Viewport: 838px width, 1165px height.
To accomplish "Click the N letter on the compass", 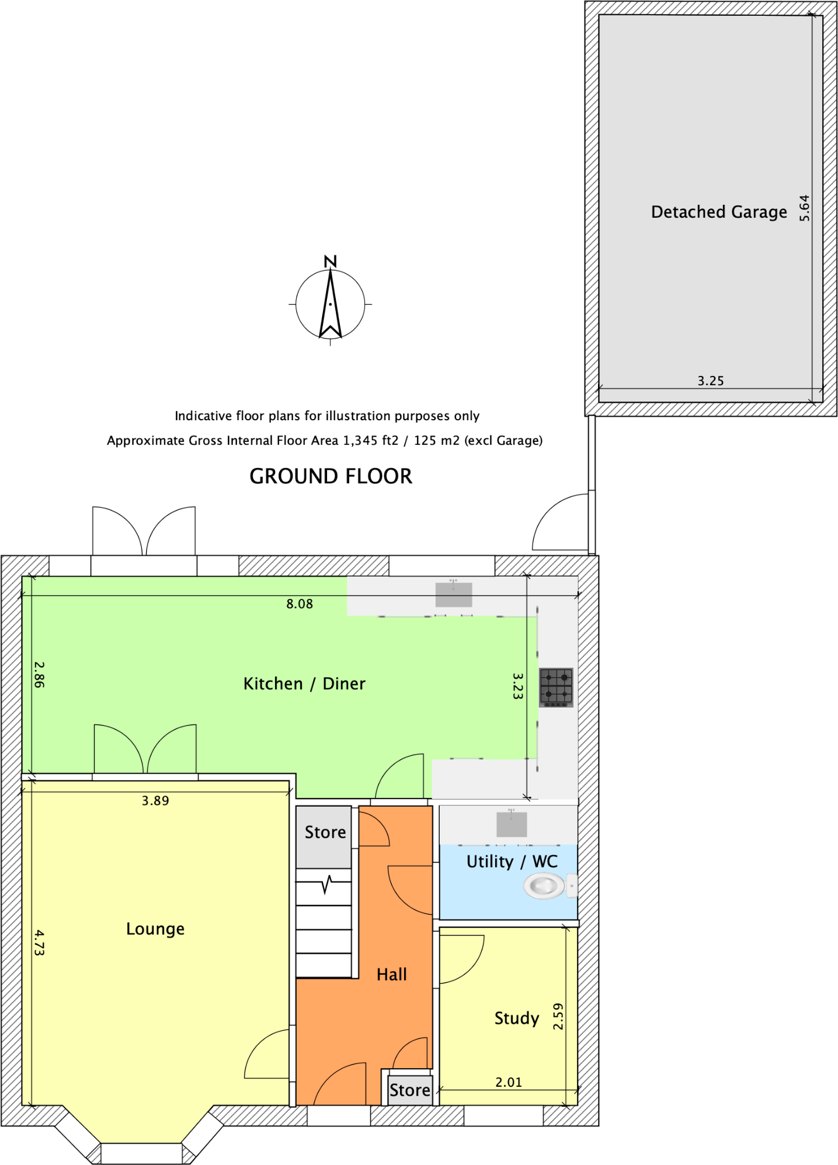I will click(331, 261).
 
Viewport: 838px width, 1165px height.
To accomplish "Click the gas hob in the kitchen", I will click(556, 686).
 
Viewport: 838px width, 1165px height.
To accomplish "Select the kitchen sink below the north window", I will click(454, 595).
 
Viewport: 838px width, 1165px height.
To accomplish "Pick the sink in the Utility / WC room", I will click(512, 824).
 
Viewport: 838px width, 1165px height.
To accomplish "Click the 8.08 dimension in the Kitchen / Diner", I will click(300, 604).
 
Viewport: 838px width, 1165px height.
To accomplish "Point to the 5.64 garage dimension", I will click(805, 208).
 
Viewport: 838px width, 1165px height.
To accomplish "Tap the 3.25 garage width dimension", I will click(711, 381).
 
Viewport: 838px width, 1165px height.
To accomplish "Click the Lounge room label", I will click(155, 929).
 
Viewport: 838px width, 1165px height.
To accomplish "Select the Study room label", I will click(517, 1018).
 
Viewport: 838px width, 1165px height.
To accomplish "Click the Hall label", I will click(392, 974).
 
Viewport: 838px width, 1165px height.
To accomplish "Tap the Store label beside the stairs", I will click(325, 832).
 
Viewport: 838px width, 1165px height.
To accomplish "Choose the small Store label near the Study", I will click(410, 1090).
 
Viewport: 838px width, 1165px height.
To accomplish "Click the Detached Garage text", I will click(719, 212).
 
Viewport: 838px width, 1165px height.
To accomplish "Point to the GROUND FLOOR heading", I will click(331, 476).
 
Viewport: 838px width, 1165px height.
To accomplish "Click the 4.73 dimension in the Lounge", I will click(39, 943).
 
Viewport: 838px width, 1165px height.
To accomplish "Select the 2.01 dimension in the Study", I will click(509, 1082).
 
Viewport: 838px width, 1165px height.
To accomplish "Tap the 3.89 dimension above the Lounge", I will click(155, 801).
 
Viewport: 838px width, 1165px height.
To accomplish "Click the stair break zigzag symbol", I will click(327, 885).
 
